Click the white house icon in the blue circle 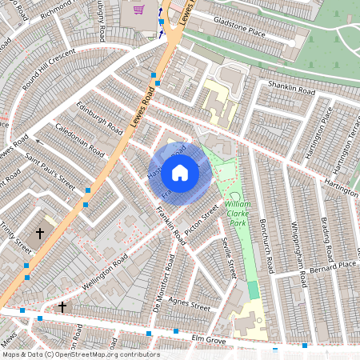(180, 172)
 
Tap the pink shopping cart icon (139, 10)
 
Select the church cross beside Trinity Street (40, 234)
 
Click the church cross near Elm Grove (62, 306)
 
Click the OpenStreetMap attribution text (80, 354)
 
